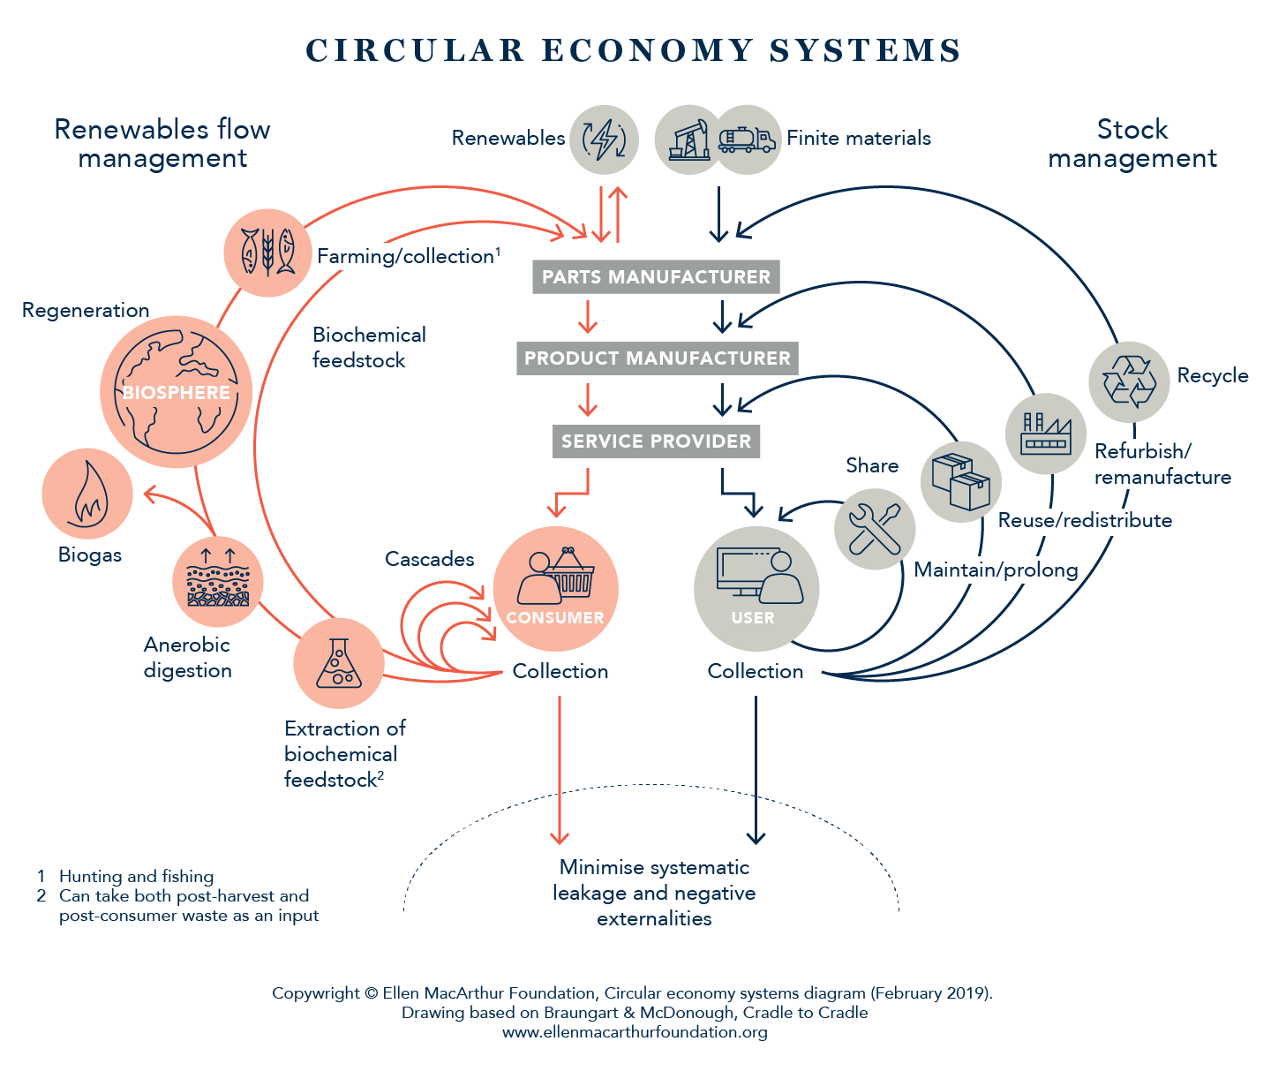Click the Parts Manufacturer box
[656, 276]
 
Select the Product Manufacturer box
[658, 358]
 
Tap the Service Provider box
[656, 441]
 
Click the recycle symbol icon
[1129, 381]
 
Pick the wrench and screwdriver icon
[874, 529]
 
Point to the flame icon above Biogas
[87, 494]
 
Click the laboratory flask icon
[338, 663]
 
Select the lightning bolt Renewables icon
[604, 140]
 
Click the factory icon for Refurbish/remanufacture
[1046, 434]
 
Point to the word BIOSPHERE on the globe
[177, 392]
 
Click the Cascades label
[430, 559]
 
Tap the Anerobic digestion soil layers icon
[218, 581]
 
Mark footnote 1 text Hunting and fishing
[136, 876]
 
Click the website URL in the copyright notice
[635, 1031]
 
